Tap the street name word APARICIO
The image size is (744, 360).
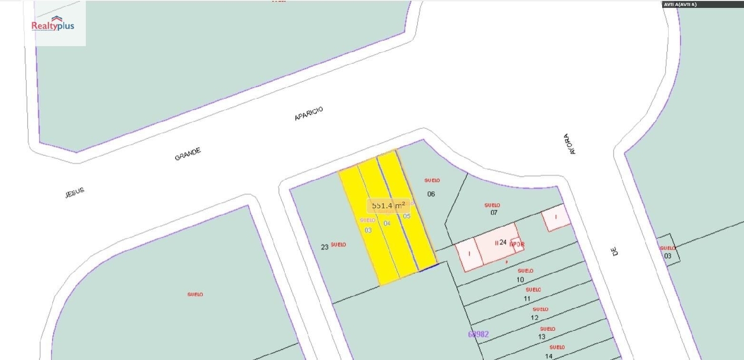point(309,114)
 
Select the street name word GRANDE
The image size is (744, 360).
point(188,154)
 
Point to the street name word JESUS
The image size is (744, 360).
point(75,193)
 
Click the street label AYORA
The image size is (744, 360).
point(570,144)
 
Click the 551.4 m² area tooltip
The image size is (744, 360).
point(388,205)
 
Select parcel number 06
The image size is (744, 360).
point(431,194)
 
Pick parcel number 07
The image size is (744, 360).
point(494,213)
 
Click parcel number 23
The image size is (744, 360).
point(325,246)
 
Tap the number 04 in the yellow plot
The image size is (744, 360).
point(387,224)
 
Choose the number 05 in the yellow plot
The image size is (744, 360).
point(407,216)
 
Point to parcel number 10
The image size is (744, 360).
point(520,280)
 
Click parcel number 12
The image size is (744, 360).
point(535,318)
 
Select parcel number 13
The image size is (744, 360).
point(542,337)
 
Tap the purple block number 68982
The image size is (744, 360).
point(478,334)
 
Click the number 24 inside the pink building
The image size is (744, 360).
point(503,242)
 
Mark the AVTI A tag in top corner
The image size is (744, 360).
point(680,4)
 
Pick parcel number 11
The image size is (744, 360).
point(527,299)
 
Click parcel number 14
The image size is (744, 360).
point(549,356)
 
